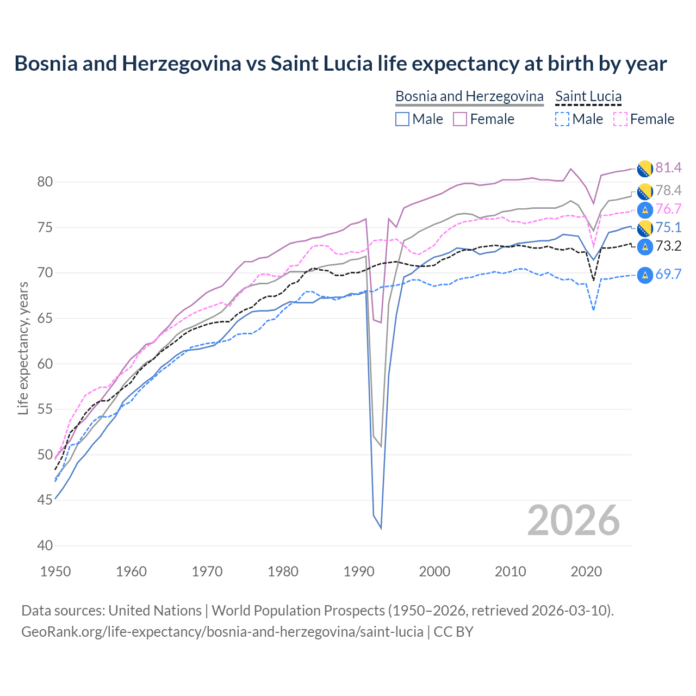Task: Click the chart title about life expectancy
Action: pos(340,64)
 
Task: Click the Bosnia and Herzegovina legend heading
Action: pos(469,96)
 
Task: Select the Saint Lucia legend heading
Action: pos(588,96)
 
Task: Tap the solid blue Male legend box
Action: pos(402,119)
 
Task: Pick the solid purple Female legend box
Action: pos(460,119)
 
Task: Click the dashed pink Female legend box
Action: pos(620,119)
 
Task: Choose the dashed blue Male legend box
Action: pos(562,119)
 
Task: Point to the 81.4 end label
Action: pos(668,168)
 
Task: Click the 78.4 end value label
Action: pos(668,190)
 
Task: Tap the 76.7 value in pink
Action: pos(668,209)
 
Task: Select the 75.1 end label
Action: pos(668,228)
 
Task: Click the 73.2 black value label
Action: pos(668,246)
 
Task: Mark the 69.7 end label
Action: pos(668,275)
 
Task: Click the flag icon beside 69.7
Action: pos(645,275)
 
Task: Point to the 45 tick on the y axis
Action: pos(45,500)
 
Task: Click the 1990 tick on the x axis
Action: pos(359,571)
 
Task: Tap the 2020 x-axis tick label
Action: pos(586,571)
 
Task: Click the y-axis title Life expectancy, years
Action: pos(23,348)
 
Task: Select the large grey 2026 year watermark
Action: pos(573,520)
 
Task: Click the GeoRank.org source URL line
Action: pos(247,632)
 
